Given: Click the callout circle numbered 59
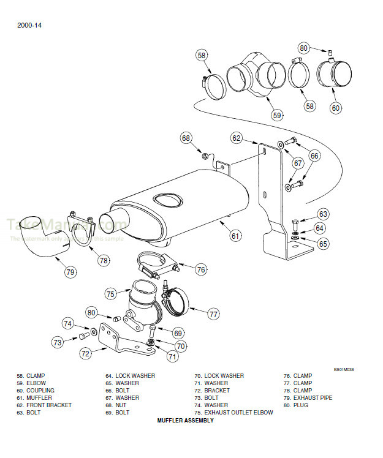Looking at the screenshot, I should [x=277, y=114].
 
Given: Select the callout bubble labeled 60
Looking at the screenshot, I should [x=335, y=108].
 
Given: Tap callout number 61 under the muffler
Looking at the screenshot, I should [x=235, y=235].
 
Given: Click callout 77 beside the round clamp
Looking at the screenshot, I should [x=213, y=314].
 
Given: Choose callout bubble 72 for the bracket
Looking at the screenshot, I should [x=86, y=353].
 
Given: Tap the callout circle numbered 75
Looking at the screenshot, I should [x=110, y=294].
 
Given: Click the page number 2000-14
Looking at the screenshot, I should [x=30, y=25].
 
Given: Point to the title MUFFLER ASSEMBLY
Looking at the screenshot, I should [x=185, y=421].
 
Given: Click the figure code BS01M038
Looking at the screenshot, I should [x=344, y=369].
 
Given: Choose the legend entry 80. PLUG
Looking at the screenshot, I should [x=298, y=405].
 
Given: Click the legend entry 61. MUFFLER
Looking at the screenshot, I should [x=36, y=398].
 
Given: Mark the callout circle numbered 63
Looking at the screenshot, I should [x=323, y=214].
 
